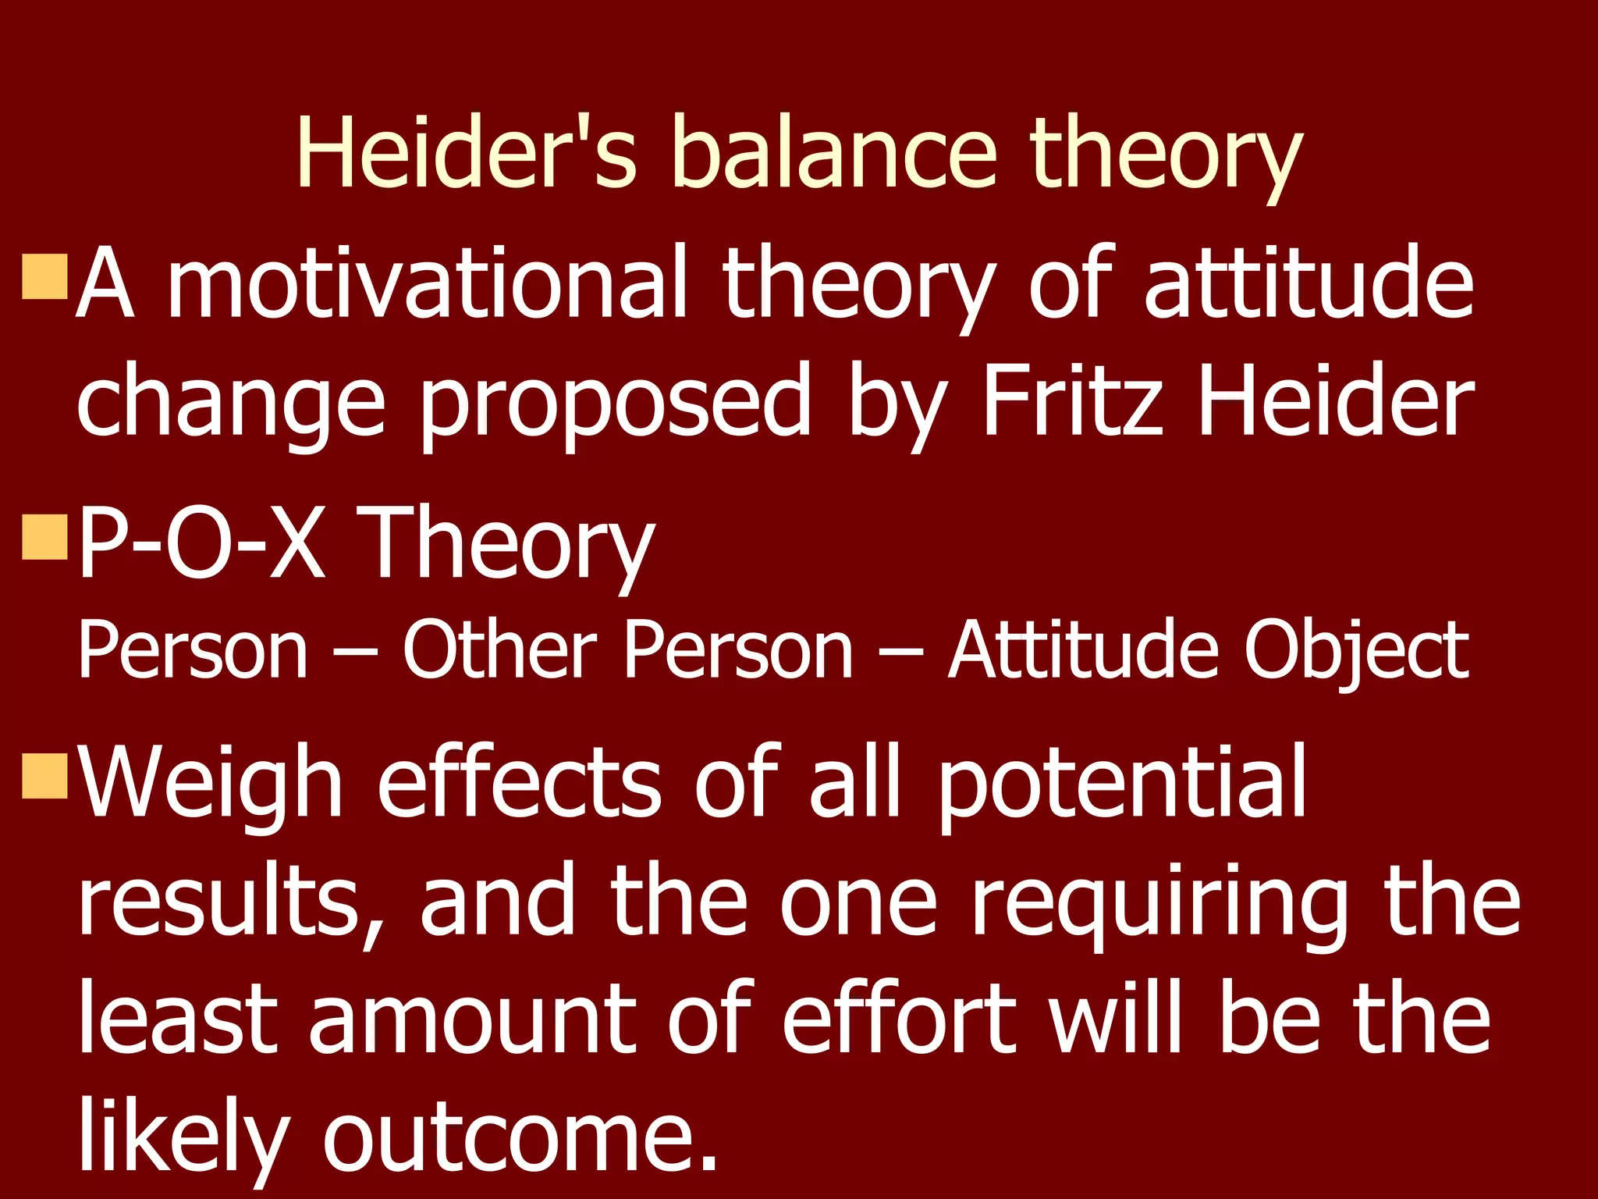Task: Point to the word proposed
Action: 616,402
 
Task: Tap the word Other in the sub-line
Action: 499,650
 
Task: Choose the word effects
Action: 519,781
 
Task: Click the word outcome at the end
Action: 519,1136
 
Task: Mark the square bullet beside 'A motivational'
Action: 45,276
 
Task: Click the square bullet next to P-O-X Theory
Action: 45,537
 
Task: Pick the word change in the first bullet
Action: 232,402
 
